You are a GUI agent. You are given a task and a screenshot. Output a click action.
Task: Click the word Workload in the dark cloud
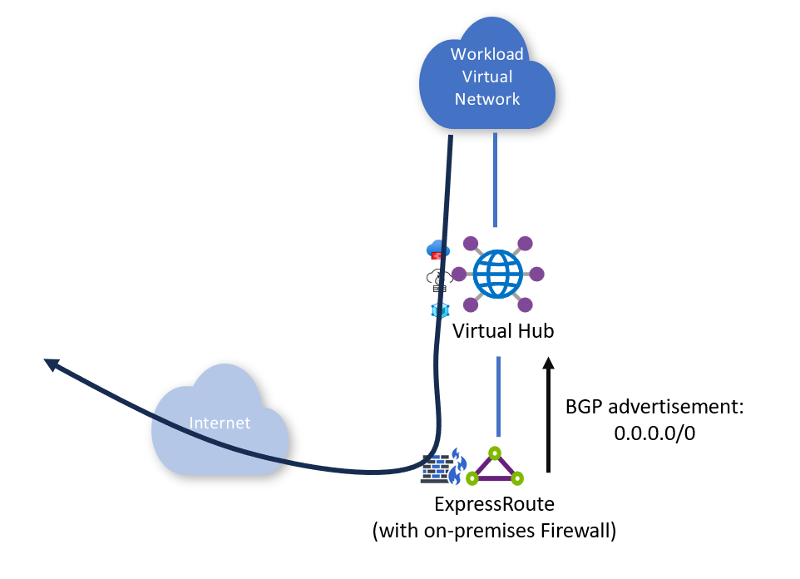click(486, 54)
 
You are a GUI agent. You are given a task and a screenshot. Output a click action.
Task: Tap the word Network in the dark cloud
click(487, 99)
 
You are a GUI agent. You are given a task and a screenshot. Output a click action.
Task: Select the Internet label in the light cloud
click(220, 423)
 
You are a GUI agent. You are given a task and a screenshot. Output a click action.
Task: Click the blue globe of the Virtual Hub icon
click(497, 275)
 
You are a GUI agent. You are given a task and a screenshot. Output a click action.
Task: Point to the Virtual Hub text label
click(503, 331)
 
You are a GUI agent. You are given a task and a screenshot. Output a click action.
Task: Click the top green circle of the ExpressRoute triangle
click(495, 453)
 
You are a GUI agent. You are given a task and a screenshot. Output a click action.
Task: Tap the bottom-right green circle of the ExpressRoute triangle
click(516, 478)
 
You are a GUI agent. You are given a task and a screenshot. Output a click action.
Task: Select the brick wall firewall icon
click(437, 470)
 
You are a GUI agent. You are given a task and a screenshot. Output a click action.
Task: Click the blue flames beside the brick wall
click(458, 466)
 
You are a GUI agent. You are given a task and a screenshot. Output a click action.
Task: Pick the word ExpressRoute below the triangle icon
click(494, 504)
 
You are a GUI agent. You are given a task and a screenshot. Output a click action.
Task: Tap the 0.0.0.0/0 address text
click(654, 433)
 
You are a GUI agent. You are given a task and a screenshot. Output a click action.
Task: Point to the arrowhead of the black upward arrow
click(549, 363)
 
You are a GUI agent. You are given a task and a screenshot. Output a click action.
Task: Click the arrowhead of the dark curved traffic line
click(52, 364)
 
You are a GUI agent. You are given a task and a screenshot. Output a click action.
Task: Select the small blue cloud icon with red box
click(437, 250)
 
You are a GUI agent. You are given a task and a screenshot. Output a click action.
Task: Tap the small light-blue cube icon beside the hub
click(439, 310)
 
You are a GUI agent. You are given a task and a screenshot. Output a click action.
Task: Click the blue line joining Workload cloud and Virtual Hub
click(495, 180)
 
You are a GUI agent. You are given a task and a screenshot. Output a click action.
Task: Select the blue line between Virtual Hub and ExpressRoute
click(498, 397)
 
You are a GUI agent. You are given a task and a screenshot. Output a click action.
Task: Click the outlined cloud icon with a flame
click(439, 280)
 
